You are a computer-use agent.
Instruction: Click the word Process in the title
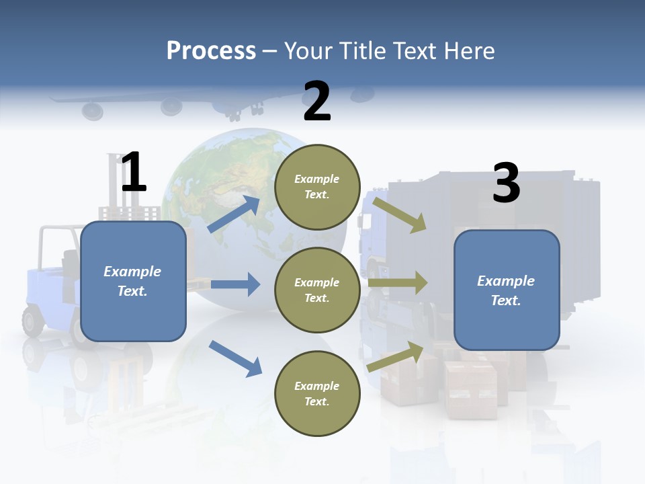211,50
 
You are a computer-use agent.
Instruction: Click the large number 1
134,172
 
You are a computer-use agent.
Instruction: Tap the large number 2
317,102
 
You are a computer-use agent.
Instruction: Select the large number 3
506,183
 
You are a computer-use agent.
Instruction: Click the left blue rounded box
133,281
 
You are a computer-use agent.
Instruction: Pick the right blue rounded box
507,290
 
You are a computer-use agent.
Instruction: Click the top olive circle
317,186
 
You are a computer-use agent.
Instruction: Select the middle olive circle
317,290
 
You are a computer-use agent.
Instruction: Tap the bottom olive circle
317,393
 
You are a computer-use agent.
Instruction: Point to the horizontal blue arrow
235,284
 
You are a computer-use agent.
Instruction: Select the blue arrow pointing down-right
235,358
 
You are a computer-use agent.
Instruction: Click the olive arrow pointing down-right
400,214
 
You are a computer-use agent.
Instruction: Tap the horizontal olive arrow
398,283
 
